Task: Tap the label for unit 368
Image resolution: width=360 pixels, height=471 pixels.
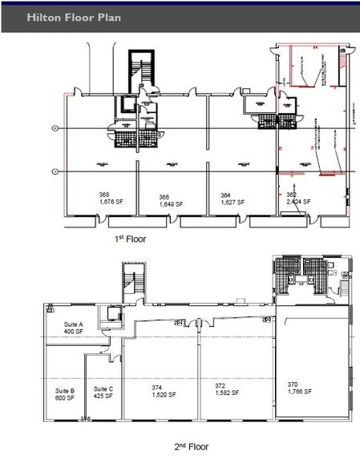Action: coord(104,195)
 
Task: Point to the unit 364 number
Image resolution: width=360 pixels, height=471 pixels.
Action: coord(226,195)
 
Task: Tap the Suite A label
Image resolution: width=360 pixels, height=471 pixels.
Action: coord(75,324)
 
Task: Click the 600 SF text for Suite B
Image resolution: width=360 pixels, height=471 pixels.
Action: coord(64,397)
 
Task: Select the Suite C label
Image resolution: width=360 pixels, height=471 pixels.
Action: coord(104,389)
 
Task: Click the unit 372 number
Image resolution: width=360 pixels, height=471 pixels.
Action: coord(220,385)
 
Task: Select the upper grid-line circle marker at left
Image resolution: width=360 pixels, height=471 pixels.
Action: coord(55,128)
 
